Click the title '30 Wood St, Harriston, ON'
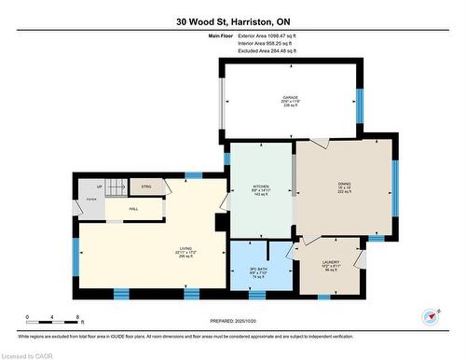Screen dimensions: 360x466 click(232, 21)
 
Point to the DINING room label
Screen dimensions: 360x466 click(344, 186)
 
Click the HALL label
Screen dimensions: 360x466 click(133, 209)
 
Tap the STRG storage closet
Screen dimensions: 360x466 click(147, 187)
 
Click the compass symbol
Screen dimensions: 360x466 click(431, 316)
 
